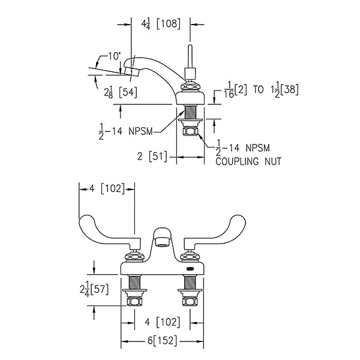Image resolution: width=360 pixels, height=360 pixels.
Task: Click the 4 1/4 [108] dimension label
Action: (161, 24)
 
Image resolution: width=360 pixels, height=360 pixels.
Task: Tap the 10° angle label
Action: (114, 56)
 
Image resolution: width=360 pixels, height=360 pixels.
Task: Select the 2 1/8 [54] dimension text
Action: (121, 92)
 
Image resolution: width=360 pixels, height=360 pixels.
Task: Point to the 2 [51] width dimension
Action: (152, 157)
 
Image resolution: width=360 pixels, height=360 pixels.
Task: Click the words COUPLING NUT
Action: (248, 161)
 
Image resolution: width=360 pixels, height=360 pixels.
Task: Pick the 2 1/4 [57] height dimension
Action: (94, 290)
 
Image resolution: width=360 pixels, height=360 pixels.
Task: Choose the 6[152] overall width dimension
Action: (163, 340)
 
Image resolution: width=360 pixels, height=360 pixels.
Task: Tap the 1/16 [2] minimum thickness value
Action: (235, 90)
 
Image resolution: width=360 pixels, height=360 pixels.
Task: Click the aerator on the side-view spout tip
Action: (132, 71)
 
